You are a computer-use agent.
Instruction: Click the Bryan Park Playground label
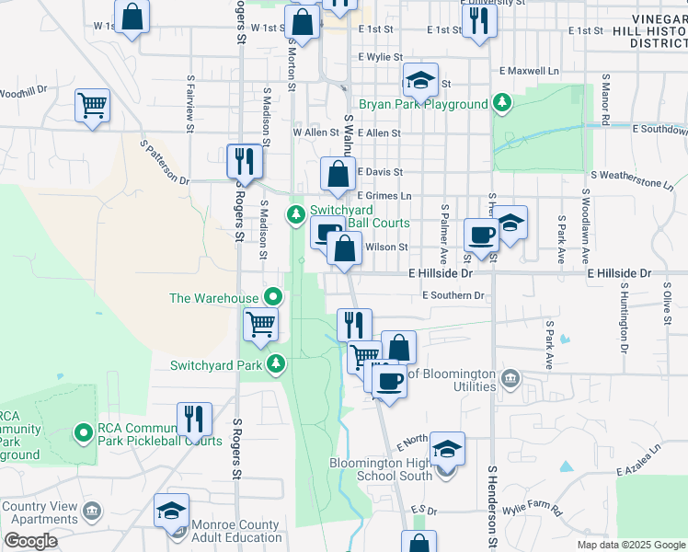[x=423, y=105]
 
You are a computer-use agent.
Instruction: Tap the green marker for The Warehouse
[x=273, y=297]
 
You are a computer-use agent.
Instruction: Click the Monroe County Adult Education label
[x=235, y=531]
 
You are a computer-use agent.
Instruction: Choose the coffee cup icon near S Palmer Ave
[x=480, y=235]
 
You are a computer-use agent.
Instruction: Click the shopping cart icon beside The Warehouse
[x=261, y=324]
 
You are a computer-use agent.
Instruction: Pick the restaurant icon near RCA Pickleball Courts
[x=194, y=418]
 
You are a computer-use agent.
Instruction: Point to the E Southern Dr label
[x=453, y=295]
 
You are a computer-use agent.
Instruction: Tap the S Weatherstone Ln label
[x=632, y=178]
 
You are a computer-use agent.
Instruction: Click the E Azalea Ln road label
[x=639, y=457]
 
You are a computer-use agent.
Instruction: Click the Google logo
[x=30, y=541]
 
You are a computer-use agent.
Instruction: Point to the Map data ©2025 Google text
[x=630, y=545]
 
